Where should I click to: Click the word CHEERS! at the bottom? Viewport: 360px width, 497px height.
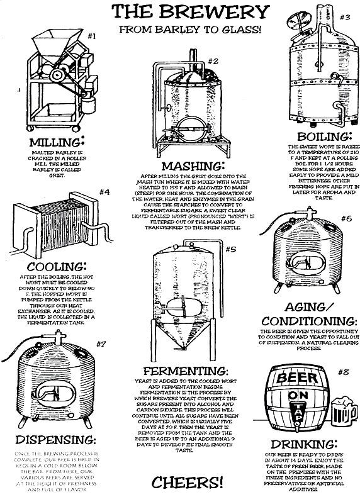coord(188,483)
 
